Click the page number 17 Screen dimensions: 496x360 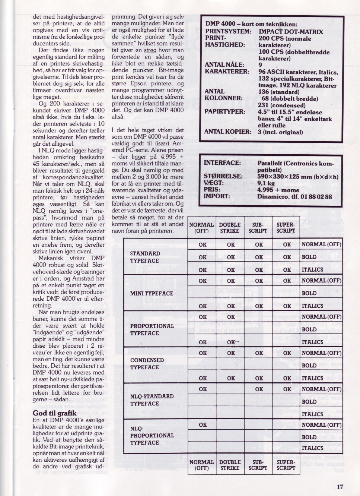coord(340,486)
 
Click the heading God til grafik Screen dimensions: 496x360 coord(54,413)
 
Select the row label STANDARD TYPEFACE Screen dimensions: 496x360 coord(145,257)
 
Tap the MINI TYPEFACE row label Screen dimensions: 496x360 coord(152,293)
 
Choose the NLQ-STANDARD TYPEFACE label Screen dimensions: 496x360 coord(152,400)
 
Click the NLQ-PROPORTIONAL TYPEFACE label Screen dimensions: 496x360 coord(152,436)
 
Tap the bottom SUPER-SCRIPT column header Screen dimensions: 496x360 coord(286,465)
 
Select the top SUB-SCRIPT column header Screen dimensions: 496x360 coord(258,228)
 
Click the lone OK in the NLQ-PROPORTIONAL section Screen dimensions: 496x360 coord(203,425)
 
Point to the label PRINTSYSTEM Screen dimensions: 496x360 coord(227,32)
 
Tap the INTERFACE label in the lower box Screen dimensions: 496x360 coord(222,163)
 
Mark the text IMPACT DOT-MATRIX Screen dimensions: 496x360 coord(291,32)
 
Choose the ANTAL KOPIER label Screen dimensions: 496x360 coord(227,132)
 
